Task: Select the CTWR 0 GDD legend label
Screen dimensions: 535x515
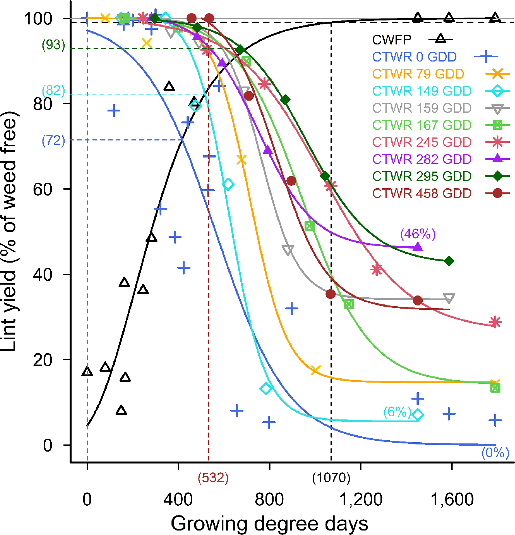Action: pos(414,57)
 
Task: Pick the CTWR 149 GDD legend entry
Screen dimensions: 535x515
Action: pos(422,91)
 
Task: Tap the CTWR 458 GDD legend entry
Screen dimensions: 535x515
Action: pos(422,193)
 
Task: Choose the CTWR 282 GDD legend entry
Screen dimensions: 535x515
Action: pos(422,159)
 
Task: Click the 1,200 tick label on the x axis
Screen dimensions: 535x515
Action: pos(361,499)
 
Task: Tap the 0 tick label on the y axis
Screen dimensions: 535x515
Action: pos(47,445)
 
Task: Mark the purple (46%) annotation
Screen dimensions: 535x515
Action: pos(418,234)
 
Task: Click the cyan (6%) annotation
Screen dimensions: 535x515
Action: pos(397,411)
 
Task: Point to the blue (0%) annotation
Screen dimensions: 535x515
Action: pos(495,453)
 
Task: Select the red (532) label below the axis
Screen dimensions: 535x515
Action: pos(213,478)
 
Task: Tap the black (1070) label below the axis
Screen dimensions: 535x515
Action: pos(331,478)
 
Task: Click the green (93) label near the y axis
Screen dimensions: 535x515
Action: pos(54,45)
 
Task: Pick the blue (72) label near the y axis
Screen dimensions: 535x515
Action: pos(54,141)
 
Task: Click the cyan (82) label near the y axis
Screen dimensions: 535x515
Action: pos(54,90)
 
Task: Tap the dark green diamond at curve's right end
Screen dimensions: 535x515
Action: pos(449,261)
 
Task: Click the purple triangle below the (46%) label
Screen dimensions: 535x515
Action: pos(418,247)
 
